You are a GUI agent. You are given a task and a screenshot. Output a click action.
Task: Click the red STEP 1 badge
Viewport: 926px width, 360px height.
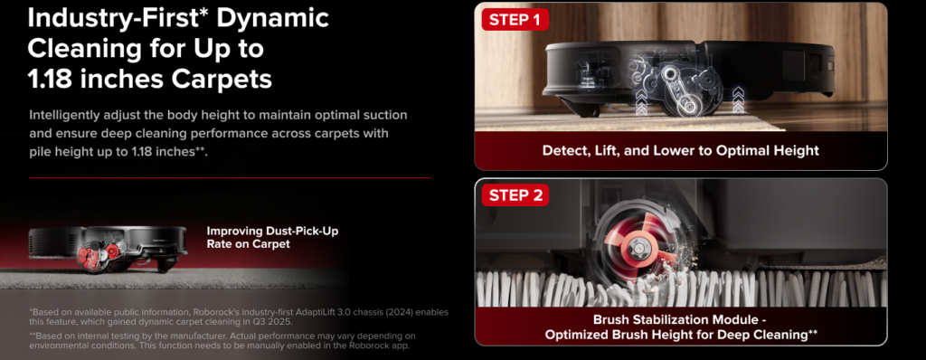coord(515,20)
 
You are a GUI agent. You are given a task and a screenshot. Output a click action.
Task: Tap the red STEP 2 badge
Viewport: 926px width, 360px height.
coord(515,195)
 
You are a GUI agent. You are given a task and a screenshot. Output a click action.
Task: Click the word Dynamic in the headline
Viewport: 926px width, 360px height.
coord(273,18)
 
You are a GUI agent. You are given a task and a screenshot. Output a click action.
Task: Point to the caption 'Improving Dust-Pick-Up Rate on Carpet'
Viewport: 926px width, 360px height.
coord(272,237)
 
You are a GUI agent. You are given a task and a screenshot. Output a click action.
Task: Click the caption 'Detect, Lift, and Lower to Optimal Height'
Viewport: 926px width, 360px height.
coord(680,150)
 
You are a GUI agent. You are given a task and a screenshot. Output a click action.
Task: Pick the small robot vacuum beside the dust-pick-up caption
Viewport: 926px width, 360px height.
coord(109,249)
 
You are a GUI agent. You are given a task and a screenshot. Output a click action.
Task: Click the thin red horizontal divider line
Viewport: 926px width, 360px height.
coord(230,177)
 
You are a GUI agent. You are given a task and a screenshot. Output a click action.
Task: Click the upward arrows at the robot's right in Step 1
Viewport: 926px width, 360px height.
coord(738,99)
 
